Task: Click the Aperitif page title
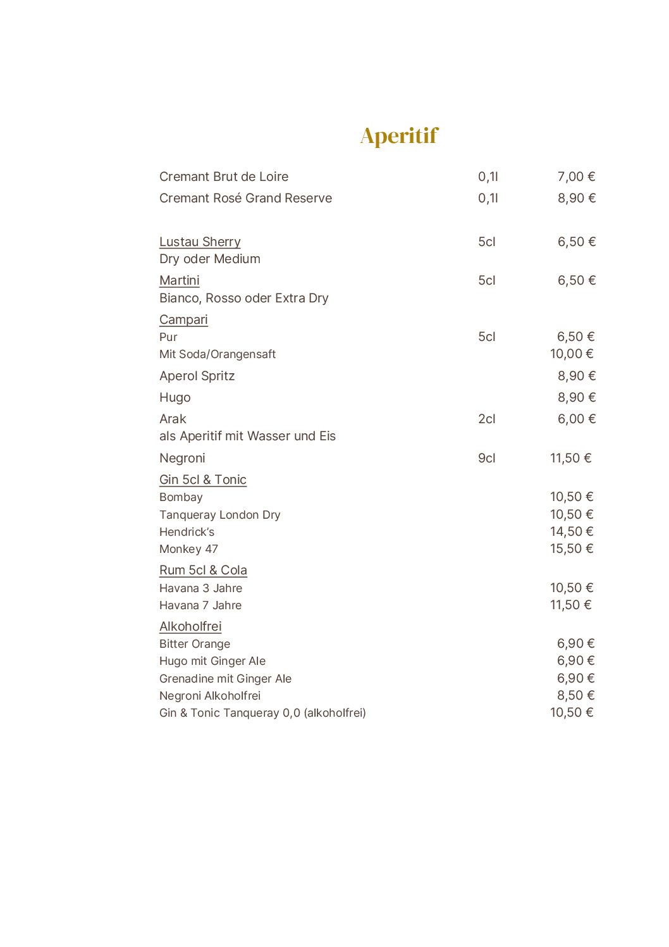coord(399,136)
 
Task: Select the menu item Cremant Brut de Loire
coord(224,177)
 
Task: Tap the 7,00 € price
coord(576,177)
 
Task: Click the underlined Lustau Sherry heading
coord(200,242)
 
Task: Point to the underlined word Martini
coord(180,280)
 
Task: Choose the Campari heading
coord(183,319)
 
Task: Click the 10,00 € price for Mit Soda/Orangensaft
coord(572,354)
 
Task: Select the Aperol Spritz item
coord(197,376)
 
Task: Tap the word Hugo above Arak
coord(175,398)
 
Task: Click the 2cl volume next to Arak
coord(487,419)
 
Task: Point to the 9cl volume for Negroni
coord(487,458)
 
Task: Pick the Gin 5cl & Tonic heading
coord(203,480)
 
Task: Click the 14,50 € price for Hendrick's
coord(572,532)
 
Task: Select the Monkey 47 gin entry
coord(188,549)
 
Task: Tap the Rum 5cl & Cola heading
coord(203,570)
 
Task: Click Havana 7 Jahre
coord(200,605)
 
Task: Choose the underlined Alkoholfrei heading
coord(190,626)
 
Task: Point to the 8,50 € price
coord(575,696)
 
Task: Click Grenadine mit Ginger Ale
coord(225,679)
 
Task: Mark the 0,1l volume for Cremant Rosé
coord(488,199)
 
